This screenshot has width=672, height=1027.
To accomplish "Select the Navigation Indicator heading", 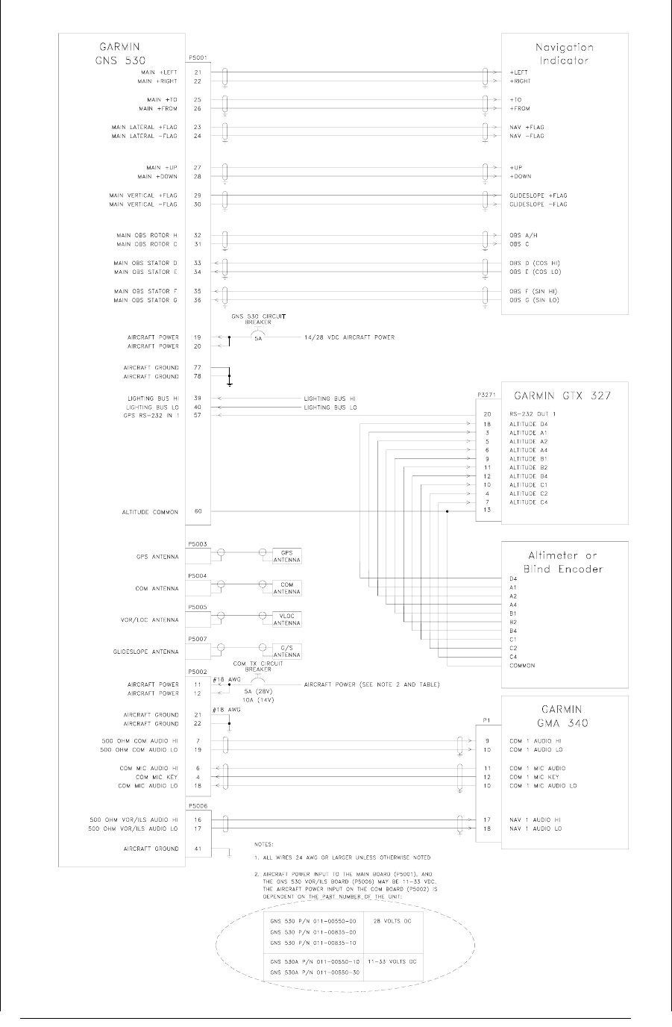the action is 564,53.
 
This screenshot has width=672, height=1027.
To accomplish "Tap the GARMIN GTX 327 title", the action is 563,396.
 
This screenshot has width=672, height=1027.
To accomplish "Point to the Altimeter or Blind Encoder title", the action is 563,562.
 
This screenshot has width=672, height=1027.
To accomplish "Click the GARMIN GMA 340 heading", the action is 563,716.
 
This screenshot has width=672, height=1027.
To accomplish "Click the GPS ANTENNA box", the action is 286,557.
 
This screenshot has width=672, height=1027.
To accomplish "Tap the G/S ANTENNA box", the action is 286,652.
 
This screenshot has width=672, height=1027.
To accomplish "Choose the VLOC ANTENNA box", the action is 286,619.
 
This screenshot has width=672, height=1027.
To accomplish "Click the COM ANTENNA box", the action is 286,588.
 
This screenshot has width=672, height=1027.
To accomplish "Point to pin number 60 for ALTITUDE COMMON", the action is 198,512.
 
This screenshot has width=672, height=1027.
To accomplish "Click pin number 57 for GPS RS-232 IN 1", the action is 198,416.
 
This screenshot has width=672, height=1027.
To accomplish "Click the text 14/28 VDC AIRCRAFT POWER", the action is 348,337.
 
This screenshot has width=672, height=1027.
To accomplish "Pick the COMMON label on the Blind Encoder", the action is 522,666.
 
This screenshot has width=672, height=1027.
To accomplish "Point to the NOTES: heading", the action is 263,843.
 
